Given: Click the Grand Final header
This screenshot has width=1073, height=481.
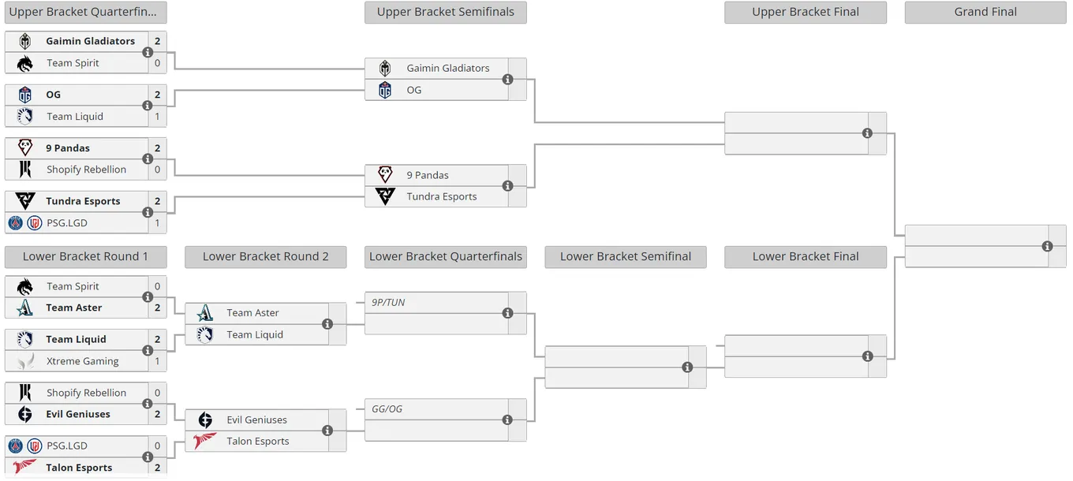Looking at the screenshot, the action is point(985,12).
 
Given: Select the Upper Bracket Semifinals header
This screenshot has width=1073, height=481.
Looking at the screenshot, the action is point(446,12).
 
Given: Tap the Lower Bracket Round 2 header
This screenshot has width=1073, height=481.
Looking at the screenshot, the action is point(265,256).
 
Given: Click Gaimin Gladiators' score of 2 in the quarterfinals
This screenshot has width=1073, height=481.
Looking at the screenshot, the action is point(157,41).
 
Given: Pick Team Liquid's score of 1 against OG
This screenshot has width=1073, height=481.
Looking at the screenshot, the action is point(157,116).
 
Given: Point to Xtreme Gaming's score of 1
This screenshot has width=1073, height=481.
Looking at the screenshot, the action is point(157,361).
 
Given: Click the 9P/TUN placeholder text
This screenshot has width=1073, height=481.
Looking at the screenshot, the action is point(388,303).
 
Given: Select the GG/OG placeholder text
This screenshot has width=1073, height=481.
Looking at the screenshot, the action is point(387,409).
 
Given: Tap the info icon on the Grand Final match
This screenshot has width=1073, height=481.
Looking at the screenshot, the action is point(1047,246).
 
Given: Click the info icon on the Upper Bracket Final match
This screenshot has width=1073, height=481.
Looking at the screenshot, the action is point(867,133).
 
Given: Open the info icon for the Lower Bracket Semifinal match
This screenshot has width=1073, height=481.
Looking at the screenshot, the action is point(687,367).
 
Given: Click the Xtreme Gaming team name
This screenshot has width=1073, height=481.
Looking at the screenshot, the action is point(82,361).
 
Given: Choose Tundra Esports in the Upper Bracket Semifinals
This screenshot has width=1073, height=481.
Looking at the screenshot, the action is point(442,196).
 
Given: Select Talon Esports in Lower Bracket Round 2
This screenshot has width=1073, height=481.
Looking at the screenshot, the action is point(258,442).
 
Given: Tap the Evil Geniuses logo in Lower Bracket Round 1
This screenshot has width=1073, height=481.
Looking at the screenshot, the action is point(25,414).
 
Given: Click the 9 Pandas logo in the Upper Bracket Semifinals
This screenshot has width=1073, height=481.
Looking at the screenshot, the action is point(385,175).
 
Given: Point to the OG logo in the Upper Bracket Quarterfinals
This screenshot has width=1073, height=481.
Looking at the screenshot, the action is point(25,95).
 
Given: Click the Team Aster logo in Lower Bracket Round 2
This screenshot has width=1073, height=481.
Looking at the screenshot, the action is point(205,313).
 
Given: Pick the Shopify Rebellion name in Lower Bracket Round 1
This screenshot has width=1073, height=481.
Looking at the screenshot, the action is point(86,393).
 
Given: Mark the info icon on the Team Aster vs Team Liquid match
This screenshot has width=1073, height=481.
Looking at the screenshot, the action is point(327,324).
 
